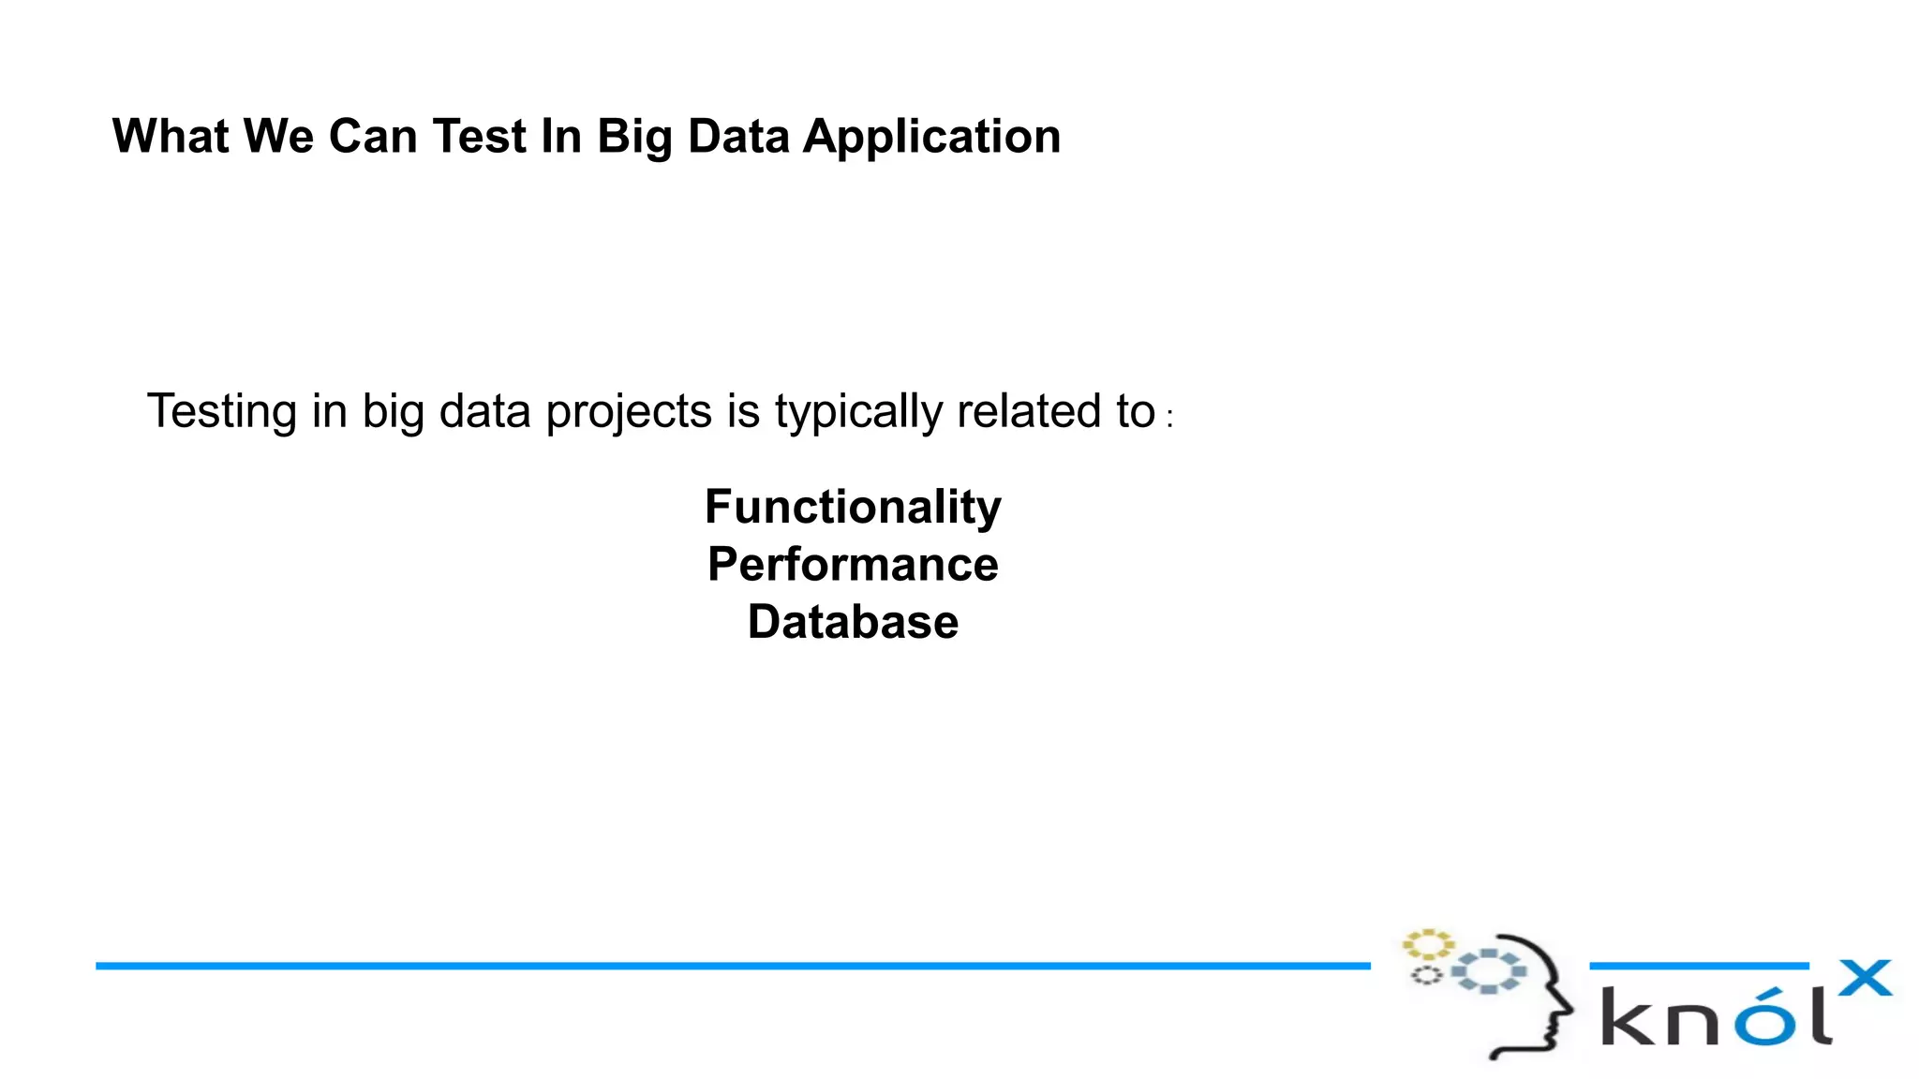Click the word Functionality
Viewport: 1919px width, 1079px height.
coord(853,508)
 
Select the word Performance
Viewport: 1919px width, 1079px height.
coord(853,565)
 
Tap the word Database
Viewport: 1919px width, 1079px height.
coord(853,623)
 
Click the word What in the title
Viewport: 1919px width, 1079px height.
coord(171,137)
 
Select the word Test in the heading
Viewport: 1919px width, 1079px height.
coord(480,137)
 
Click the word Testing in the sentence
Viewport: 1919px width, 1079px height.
coord(222,412)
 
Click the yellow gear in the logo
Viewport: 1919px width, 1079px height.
coord(1427,944)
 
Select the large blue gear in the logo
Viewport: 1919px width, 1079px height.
coord(1489,971)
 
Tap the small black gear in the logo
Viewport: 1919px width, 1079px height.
coord(1426,976)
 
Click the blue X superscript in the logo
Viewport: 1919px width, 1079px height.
coord(1864,979)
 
